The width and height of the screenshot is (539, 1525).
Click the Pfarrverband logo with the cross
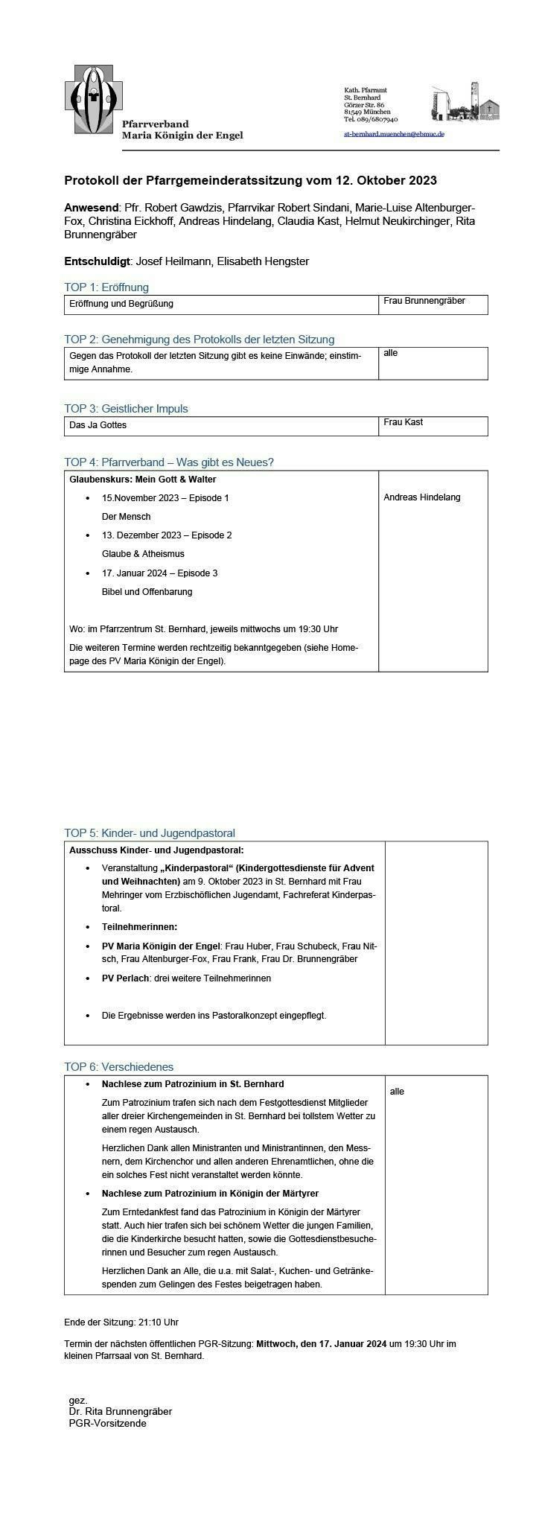point(93,98)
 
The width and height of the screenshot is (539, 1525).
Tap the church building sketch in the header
point(465,103)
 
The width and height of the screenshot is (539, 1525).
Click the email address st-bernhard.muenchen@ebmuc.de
point(394,134)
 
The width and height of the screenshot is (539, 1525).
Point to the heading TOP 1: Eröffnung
point(106,287)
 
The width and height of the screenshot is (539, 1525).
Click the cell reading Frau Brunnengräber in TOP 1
point(424,302)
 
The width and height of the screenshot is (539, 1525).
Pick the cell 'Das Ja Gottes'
point(98,425)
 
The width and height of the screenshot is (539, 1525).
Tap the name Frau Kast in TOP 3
point(403,422)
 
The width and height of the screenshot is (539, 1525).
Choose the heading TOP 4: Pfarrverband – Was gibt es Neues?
point(169,462)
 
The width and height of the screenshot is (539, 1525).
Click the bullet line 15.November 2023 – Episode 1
point(165,498)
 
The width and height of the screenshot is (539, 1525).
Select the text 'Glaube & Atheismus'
point(143,554)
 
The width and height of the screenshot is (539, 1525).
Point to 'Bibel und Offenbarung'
point(147,592)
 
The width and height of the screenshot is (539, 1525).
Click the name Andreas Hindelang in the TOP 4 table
point(421,497)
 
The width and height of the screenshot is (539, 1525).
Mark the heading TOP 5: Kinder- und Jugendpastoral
point(150,833)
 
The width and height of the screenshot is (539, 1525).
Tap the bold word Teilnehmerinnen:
point(139,927)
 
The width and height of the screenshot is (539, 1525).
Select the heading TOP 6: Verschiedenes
point(118,1067)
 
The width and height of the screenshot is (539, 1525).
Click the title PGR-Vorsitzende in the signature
point(107,1423)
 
